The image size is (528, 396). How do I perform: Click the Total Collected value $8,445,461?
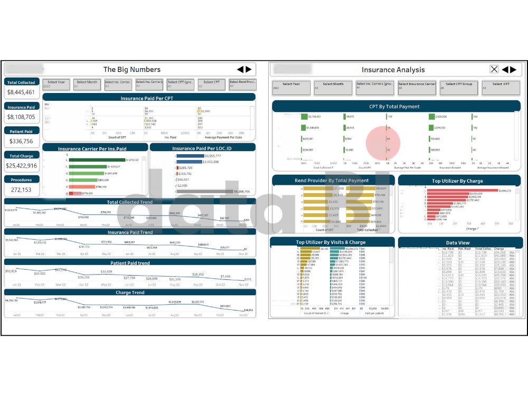[21, 92]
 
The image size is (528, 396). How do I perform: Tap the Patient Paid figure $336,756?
[21, 141]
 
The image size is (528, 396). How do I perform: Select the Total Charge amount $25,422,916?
[21, 165]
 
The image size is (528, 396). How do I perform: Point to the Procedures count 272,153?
[21, 190]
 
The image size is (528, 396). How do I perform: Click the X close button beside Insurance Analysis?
[494, 69]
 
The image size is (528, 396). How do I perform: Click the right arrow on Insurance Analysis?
[512, 69]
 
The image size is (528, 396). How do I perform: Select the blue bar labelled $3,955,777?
[190, 156]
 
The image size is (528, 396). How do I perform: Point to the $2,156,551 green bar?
[304, 116]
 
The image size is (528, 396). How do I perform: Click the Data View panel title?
[458, 243]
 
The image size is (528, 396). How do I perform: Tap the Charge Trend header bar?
[130, 293]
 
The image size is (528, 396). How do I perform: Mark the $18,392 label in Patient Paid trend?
[198, 275]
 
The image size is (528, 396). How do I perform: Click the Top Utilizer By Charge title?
[458, 181]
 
